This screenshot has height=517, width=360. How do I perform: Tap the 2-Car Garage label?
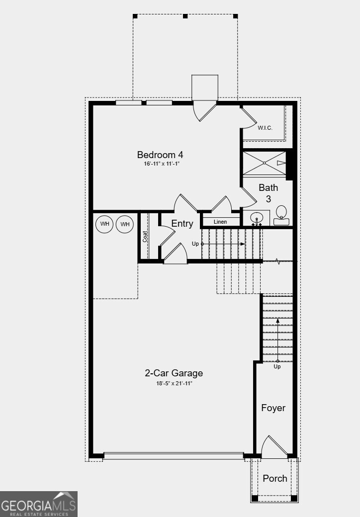174,373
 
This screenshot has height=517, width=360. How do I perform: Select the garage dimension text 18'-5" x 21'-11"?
174,383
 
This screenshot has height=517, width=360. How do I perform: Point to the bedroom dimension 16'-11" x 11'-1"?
158,164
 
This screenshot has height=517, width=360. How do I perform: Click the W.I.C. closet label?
265,128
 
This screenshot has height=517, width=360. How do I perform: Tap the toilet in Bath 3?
281,215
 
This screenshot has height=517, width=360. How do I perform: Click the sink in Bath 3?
257,218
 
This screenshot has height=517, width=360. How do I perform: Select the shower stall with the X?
265,163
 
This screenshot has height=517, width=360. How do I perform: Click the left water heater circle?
104,224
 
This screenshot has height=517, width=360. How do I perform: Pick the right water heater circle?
125,224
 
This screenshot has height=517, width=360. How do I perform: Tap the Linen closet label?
220,221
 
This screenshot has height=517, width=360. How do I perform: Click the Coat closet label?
145,236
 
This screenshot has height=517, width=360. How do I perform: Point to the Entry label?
182,224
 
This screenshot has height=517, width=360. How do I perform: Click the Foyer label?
273,408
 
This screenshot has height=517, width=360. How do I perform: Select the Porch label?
275,478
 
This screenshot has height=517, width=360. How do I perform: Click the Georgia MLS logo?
39,504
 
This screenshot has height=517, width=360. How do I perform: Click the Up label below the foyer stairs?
277,366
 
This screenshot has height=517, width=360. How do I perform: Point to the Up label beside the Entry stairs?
195,244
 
